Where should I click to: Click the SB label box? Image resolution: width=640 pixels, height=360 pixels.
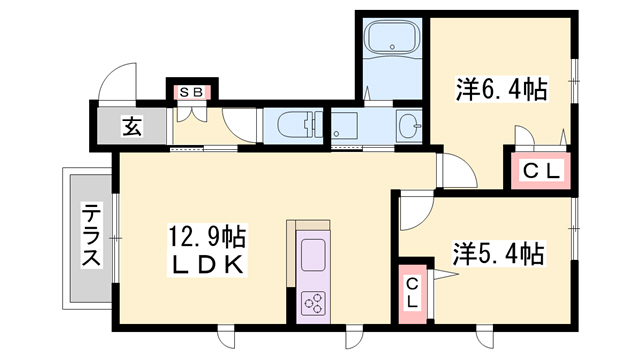pyautogui.click(x=191, y=92)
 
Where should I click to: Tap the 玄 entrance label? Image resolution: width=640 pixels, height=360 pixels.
pyautogui.click(x=132, y=126)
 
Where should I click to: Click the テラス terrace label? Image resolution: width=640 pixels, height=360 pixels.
pyautogui.click(x=91, y=236)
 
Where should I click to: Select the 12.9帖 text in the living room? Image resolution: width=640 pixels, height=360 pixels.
pyautogui.click(x=207, y=237)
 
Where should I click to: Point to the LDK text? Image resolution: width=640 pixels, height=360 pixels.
pyautogui.click(x=207, y=264)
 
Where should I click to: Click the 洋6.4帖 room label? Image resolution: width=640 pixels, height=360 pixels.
pyautogui.click(x=501, y=89)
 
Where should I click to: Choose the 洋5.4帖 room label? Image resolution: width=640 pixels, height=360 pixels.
pyautogui.click(x=498, y=253)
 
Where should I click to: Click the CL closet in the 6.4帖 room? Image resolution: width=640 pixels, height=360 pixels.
pyautogui.click(x=541, y=171)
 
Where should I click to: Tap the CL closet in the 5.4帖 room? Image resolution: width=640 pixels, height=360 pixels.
pyautogui.click(x=412, y=294)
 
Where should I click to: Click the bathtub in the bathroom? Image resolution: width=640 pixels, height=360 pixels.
pyautogui.click(x=392, y=39)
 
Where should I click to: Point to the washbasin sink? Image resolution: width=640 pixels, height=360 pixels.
pyautogui.click(x=410, y=126)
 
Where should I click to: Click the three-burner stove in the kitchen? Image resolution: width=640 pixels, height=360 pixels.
pyautogui.click(x=313, y=303)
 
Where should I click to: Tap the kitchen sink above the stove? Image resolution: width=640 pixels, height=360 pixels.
pyautogui.click(x=313, y=255)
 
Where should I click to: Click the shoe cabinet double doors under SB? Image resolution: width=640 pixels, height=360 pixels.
pyautogui.click(x=192, y=114)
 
